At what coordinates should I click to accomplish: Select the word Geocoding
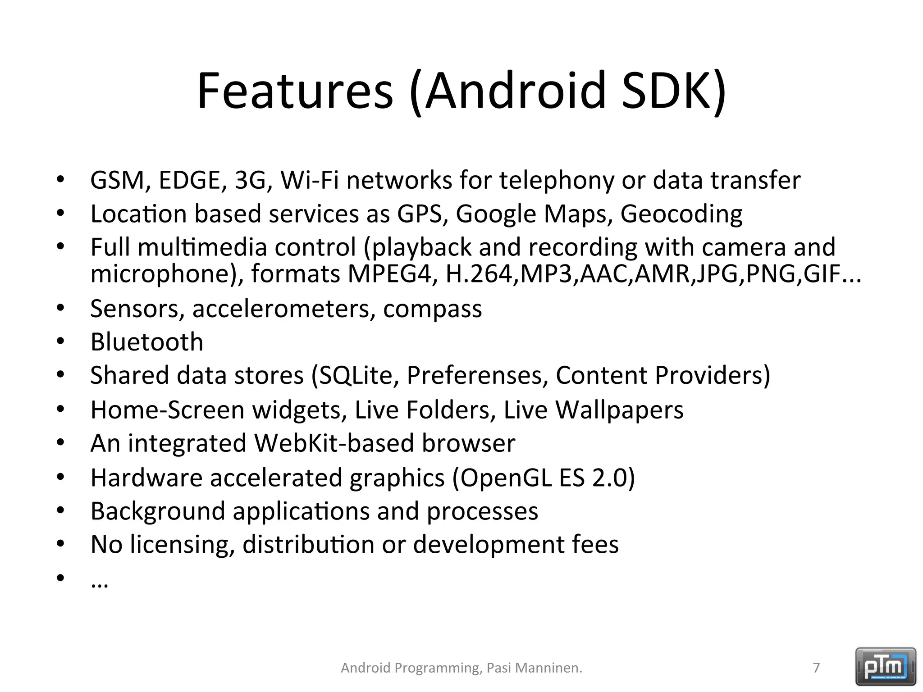coord(681,214)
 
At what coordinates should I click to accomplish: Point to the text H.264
coord(481,273)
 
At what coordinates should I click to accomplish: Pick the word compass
coord(432,309)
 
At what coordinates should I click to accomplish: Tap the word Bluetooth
coord(147,342)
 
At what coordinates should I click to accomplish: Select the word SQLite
coord(355,375)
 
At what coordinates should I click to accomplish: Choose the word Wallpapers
coord(619,410)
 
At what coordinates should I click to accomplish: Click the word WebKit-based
coord(334,443)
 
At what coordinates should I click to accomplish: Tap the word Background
coord(158,511)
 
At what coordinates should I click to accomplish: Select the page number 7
coord(816,667)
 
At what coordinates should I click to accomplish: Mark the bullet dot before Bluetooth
coord(61,342)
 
